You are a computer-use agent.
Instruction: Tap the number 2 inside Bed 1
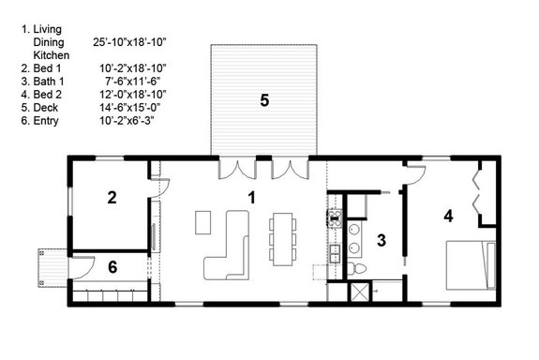coord(112,197)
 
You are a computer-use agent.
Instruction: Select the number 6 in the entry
coord(113,267)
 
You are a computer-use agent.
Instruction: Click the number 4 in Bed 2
coord(448,216)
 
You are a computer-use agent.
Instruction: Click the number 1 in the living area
coord(251,197)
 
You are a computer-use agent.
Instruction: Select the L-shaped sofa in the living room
coord(228,247)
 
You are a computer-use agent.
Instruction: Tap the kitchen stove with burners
coord(333,218)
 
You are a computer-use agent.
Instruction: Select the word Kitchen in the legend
coord(52,55)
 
